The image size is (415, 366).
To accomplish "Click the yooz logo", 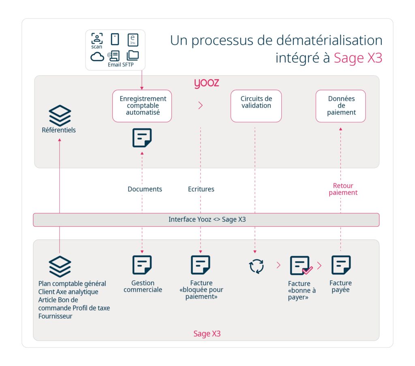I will point(206,83).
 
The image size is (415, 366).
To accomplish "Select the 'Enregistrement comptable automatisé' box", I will point(142,106).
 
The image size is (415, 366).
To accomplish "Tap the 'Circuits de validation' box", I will point(256,106).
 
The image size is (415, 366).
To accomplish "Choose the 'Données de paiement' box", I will point(340,106).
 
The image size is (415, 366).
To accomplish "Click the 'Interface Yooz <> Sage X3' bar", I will point(206,219).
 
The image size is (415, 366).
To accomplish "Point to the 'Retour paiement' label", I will point(343,189).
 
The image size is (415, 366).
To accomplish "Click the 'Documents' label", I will point(145,189).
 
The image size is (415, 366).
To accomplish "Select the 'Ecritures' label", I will point(201,189).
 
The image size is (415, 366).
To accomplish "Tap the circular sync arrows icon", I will point(256,266).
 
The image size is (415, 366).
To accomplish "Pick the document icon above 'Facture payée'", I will point(341,265).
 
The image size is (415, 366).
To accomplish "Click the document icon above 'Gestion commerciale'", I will point(142,265).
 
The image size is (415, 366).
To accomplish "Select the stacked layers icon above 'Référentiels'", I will point(60,115).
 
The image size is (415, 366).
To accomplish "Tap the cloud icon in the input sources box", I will point(97,56).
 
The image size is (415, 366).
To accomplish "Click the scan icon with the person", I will point(97,38).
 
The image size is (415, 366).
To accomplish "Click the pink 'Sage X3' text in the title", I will point(358,58).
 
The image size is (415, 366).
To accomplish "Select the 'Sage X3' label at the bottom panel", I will point(207,334).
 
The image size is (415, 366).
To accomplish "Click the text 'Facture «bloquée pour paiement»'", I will point(201,290).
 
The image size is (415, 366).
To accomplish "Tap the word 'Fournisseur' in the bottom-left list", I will point(56,316).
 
